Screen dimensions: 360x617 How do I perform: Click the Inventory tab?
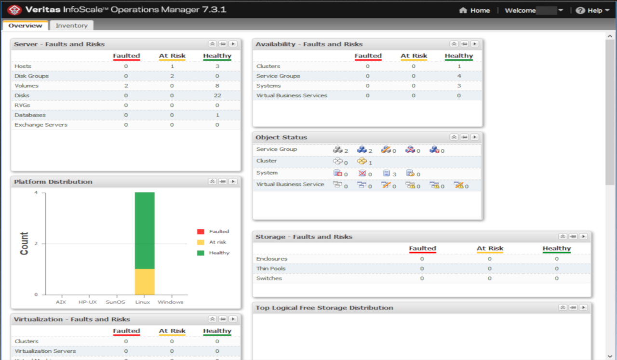coord(71,26)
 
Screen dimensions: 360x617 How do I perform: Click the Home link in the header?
coord(475,11)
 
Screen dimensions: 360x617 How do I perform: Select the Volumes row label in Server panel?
coord(27,86)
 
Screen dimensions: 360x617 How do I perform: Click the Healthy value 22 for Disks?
coord(217,95)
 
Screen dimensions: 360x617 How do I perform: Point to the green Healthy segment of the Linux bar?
coord(145,230)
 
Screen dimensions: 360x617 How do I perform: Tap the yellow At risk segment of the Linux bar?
coord(145,281)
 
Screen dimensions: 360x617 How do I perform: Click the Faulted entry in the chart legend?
coord(219,232)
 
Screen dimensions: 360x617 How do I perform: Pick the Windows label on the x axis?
coord(171,302)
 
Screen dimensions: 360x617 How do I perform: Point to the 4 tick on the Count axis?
coord(36,193)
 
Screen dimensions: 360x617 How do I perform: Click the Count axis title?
coord(24,244)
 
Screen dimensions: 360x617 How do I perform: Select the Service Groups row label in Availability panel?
coord(278,76)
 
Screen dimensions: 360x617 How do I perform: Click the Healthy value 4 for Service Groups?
coord(459,76)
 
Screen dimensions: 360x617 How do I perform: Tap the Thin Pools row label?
coord(271,268)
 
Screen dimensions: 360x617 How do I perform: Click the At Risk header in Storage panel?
coord(490,249)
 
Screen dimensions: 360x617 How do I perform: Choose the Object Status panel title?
coord(281,137)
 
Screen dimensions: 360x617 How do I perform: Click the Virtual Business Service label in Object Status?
coord(290,185)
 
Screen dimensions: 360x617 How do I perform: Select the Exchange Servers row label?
coord(41,125)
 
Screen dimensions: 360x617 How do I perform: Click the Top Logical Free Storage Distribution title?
coord(324,308)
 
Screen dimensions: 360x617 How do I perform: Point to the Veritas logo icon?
coord(15,10)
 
